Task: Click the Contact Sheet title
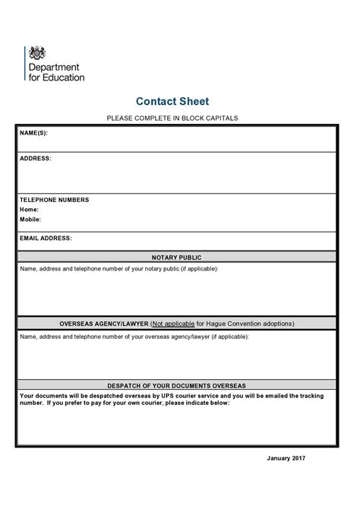172,101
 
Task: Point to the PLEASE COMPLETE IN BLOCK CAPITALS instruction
172,119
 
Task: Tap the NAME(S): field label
33,133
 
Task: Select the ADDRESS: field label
36,159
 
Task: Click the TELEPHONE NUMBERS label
54,200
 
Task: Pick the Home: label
29,210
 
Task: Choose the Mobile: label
30,219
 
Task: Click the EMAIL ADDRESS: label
46,238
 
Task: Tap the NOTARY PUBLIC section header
176,258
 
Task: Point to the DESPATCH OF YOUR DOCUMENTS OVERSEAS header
176,386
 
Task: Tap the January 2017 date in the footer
286,459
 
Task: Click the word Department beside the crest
56,67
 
